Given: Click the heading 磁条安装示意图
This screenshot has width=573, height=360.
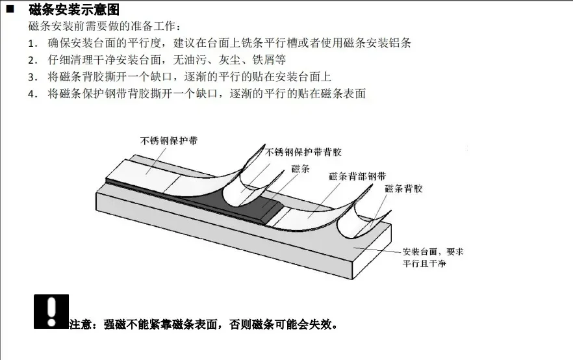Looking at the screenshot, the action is [74, 10].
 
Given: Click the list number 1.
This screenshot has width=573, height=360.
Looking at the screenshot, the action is [33, 44].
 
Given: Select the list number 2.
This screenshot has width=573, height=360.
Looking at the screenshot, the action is [33, 60].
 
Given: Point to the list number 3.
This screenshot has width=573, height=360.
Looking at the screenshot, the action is [33, 77].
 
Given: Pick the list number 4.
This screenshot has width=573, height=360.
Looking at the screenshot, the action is [33, 94].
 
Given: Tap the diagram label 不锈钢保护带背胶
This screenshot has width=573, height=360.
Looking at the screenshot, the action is [304, 152].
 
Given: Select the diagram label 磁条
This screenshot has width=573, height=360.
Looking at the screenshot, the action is [301, 169].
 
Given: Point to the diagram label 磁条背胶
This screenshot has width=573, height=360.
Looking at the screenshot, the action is [404, 188].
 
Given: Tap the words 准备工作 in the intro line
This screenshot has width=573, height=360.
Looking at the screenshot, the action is [155, 27].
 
